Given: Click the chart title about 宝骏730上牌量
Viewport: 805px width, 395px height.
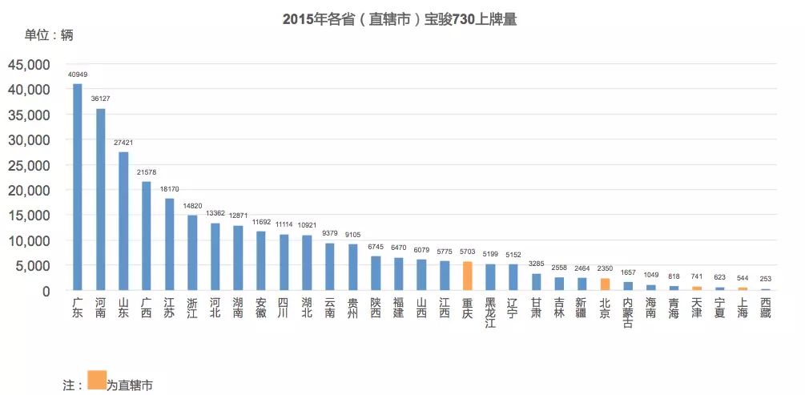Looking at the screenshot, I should click(x=399, y=19).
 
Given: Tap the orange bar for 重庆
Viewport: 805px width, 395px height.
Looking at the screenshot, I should click(x=468, y=276).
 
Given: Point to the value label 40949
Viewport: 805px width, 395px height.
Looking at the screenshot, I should click(x=78, y=75).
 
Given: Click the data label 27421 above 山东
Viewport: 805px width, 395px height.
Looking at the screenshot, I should click(x=123, y=143).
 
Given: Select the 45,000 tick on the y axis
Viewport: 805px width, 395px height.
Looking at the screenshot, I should click(x=30, y=65).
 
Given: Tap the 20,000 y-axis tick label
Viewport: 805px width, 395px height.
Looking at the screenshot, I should click(x=30, y=191).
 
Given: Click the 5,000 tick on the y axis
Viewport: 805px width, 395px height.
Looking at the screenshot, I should click(x=34, y=266).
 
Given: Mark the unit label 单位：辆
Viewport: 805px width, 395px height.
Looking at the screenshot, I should click(x=48, y=36).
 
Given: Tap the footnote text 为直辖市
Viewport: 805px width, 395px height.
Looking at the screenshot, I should click(x=130, y=385).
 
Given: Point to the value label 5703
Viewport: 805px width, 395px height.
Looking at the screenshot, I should click(x=468, y=252).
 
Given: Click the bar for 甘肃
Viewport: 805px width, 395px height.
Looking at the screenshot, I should click(x=536, y=281).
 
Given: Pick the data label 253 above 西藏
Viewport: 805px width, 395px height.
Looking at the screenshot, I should click(x=766, y=279).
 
